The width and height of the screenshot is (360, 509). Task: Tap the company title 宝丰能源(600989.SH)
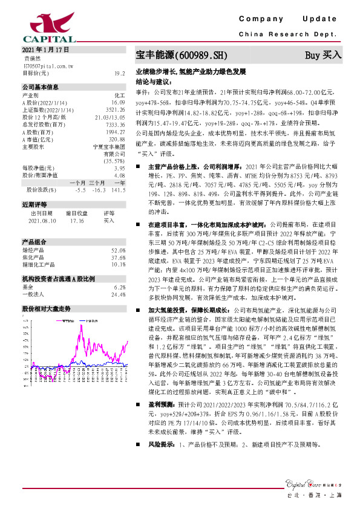[181, 55]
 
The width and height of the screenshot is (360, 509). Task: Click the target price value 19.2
[120, 73]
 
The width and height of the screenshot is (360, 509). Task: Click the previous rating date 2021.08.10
[42, 221]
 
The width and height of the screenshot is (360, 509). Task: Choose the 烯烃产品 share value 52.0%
[118, 250]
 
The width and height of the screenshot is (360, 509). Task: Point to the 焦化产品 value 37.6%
[118, 257]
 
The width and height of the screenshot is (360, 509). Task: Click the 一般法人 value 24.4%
[118, 294]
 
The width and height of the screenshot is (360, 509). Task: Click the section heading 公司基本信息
[41, 86]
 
